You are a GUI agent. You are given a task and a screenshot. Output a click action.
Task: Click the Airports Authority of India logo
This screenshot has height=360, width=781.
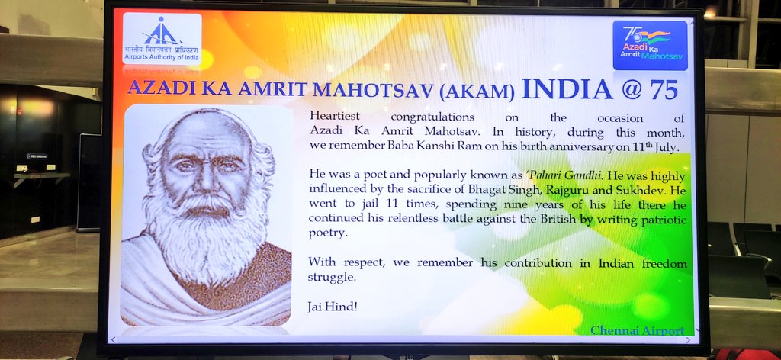click(162, 39)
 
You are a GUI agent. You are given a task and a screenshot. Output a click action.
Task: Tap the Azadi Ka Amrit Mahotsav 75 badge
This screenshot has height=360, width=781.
click(650, 45)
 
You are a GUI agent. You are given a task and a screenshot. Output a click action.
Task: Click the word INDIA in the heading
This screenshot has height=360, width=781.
click(567, 90)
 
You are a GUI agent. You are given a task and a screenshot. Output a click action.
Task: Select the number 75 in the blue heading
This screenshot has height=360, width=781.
click(664, 90)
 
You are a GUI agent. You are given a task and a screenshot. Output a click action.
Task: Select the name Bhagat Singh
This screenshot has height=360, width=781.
click(458, 190)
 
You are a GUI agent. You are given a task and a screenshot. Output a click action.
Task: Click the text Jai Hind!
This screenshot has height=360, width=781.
click(333, 307)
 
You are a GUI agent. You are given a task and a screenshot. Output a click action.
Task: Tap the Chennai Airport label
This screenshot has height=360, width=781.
click(637, 329)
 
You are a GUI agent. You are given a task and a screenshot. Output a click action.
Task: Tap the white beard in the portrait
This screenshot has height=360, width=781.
click(204, 234)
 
